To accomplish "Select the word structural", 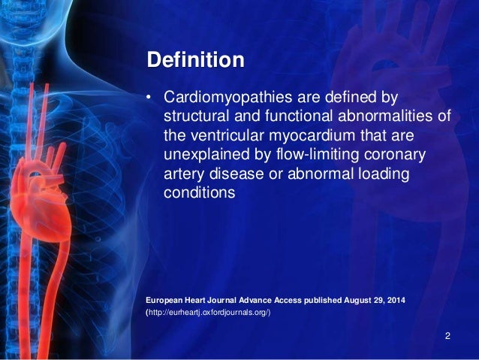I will [x=194, y=117].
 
